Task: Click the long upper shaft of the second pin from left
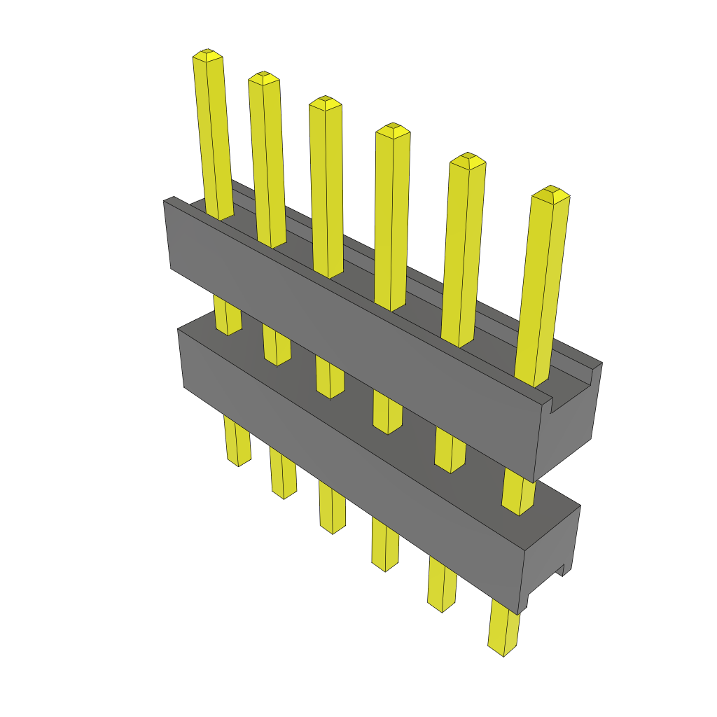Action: (x=267, y=161)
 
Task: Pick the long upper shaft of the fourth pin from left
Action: (x=391, y=217)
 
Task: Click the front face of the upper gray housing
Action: (x=350, y=336)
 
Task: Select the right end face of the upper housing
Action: (x=571, y=427)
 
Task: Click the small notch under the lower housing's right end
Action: (x=560, y=570)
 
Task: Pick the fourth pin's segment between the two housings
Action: (x=387, y=413)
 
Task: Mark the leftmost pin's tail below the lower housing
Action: (x=237, y=441)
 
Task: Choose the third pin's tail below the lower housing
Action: (x=332, y=508)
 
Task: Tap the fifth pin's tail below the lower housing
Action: (x=441, y=588)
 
